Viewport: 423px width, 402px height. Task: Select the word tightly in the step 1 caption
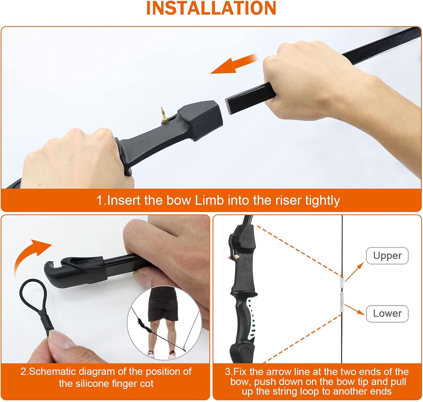(x=322, y=200)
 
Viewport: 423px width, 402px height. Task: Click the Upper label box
(x=387, y=256)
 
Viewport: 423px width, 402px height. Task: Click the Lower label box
(x=387, y=314)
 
